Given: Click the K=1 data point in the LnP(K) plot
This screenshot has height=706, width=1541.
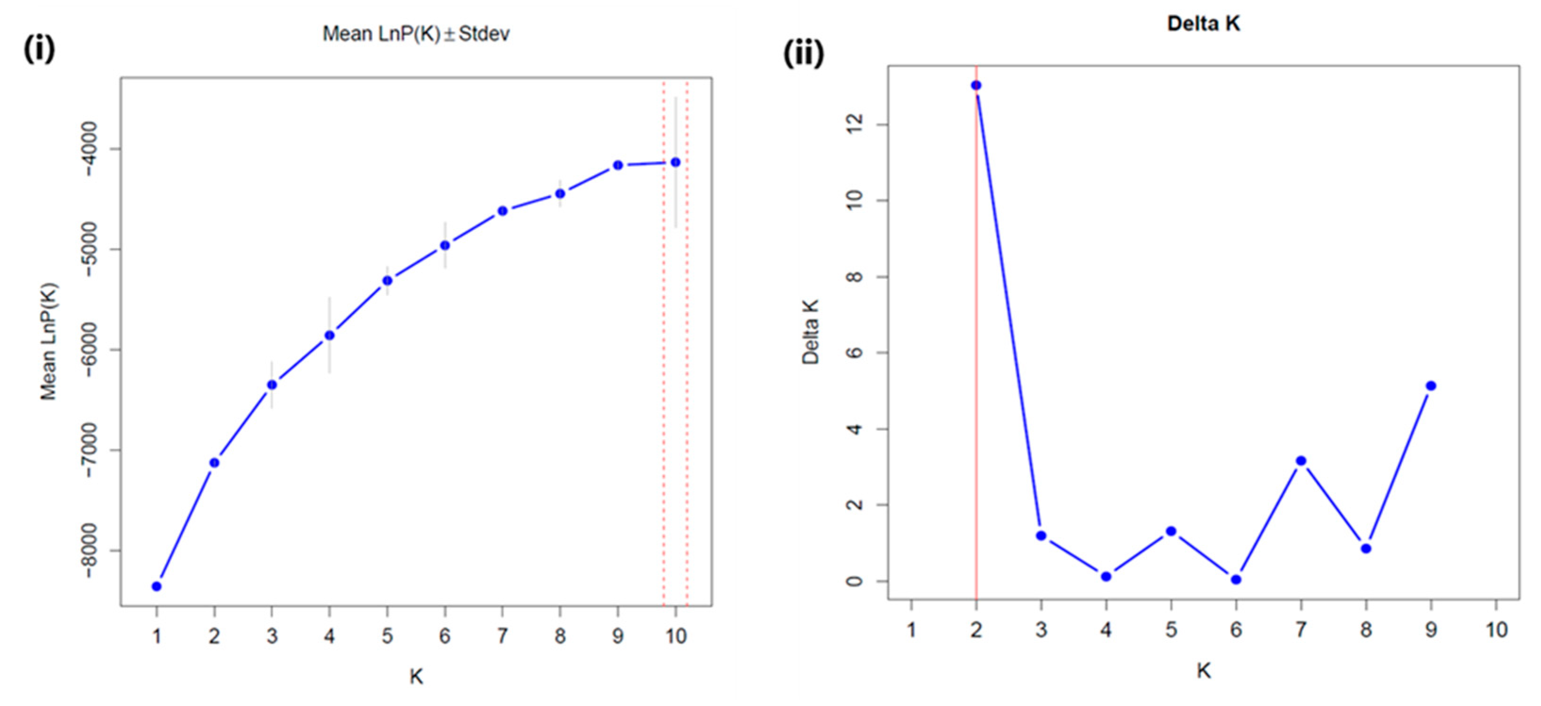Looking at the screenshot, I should coord(157,586).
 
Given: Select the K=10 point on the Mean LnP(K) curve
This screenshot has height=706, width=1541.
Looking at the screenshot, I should coord(675,162).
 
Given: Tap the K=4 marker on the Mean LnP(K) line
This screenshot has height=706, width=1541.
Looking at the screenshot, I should coord(329,336).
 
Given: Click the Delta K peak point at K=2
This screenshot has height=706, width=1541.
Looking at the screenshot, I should coord(976,85).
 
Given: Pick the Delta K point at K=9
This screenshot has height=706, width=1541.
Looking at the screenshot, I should coord(1431,386).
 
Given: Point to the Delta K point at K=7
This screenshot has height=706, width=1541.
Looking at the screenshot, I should coord(1301,461).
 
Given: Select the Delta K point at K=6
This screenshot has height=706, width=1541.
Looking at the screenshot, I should coord(1236,579).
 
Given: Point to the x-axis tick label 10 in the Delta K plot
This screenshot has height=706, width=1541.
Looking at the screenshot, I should coord(1496,630).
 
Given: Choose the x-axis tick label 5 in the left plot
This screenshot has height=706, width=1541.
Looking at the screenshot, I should coord(387,636).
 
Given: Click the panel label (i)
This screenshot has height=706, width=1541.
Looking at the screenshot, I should coord(39,49).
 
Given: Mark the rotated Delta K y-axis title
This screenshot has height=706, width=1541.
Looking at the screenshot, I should coord(811,332).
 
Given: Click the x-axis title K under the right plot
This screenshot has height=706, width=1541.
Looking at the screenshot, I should coord(1203,671).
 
